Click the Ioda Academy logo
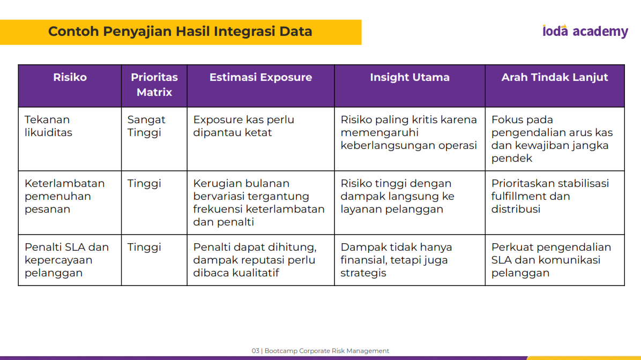585,31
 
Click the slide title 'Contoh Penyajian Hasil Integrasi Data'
180,32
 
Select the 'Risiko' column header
70,77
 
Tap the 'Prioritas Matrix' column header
154,85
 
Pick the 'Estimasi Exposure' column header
261,77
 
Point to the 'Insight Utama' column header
409,77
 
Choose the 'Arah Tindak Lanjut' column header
555,77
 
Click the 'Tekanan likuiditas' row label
48,126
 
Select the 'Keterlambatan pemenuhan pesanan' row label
65,196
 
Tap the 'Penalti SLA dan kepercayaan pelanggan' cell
66,260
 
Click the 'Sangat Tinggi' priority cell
146,126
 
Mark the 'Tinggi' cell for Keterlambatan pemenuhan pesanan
144,184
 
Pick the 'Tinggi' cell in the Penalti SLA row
144,247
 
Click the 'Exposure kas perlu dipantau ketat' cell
244,126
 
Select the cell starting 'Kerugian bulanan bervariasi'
259,202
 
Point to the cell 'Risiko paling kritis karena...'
409,132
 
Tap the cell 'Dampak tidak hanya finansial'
396,260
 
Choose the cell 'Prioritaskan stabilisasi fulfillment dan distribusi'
550,196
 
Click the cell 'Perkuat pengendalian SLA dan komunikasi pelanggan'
551,260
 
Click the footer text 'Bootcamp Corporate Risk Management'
326,350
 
